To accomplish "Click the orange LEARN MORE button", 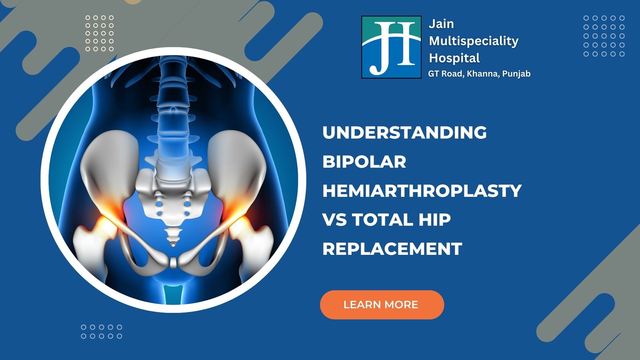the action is [382, 304].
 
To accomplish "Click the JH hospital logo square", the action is [391, 47].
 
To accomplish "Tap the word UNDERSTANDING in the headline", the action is [404, 133].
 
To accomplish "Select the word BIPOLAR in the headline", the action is [364, 162].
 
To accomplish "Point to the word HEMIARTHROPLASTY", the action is [422, 190].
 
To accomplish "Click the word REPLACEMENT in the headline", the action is [392, 248].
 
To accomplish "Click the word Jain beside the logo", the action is [441, 24].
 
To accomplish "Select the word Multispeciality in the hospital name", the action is [474, 42].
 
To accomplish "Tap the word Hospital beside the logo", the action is [454, 58].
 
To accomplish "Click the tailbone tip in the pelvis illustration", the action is [172, 244].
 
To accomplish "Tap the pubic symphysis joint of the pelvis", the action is [173, 262].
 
